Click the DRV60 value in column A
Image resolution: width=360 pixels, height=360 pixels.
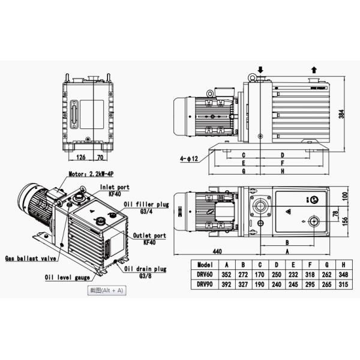(x=226, y=275)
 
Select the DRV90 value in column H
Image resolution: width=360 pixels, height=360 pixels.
(x=343, y=284)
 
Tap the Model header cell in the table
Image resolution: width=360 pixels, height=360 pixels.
(x=205, y=265)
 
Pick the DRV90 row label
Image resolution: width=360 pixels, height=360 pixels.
(x=205, y=284)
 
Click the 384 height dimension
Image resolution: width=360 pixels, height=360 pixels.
(x=341, y=114)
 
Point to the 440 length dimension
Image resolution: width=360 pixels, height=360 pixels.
(x=217, y=251)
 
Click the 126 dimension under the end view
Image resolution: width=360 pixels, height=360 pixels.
(x=81, y=157)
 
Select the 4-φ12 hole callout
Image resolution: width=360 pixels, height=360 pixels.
(x=189, y=158)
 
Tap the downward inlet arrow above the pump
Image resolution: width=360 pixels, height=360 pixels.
(x=260, y=70)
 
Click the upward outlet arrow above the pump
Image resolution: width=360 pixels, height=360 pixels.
(x=314, y=70)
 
